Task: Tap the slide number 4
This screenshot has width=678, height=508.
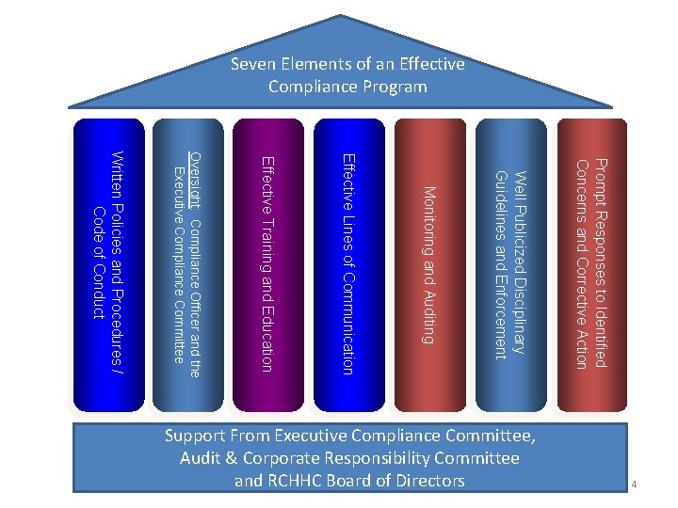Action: [636, 485]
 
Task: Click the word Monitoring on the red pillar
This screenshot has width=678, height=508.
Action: [429, 218]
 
